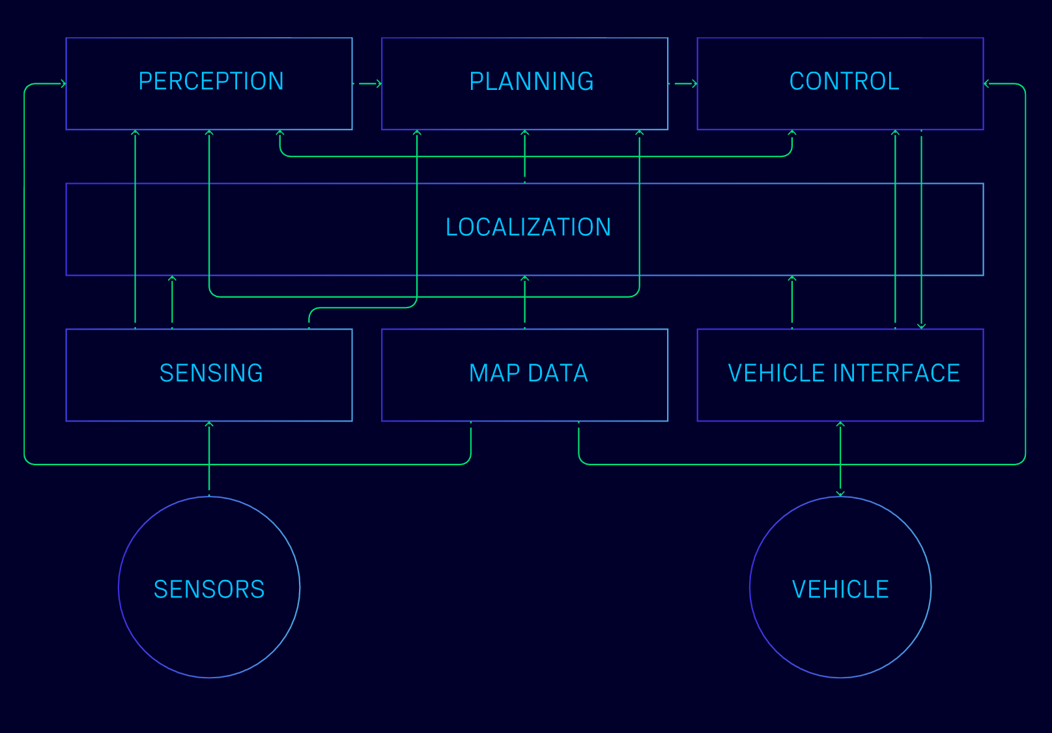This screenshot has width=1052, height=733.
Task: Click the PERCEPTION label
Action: coord(211,81)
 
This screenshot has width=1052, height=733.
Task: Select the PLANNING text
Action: coord(531,81)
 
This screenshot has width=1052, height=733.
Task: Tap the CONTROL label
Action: coord(844,81)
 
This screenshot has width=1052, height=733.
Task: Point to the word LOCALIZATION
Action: coord(528,227)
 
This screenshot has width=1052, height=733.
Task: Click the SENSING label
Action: coord(211,373)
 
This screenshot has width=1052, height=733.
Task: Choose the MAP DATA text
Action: coord(528,373)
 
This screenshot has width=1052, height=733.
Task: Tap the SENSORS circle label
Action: coord(209,590)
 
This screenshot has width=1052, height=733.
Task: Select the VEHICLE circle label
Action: coord(840,590)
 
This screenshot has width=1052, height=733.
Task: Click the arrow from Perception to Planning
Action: coord(369,83)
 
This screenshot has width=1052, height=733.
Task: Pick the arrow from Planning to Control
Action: coord(685,83)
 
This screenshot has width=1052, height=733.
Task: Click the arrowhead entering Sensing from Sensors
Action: coord(209,424)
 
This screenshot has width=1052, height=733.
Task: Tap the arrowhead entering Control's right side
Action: coord(987,83)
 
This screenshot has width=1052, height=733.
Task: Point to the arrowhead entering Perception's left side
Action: coord(63,83)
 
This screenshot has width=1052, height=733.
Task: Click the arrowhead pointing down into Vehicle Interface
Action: coord(921,326)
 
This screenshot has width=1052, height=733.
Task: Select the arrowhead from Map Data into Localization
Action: coord(524,279)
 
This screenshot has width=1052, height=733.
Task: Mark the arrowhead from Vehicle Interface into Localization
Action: coord(792,279)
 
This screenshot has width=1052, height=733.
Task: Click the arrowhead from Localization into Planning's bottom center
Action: coord(524,133)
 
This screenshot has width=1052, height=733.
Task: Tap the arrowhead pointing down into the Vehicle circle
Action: coord(840,493)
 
